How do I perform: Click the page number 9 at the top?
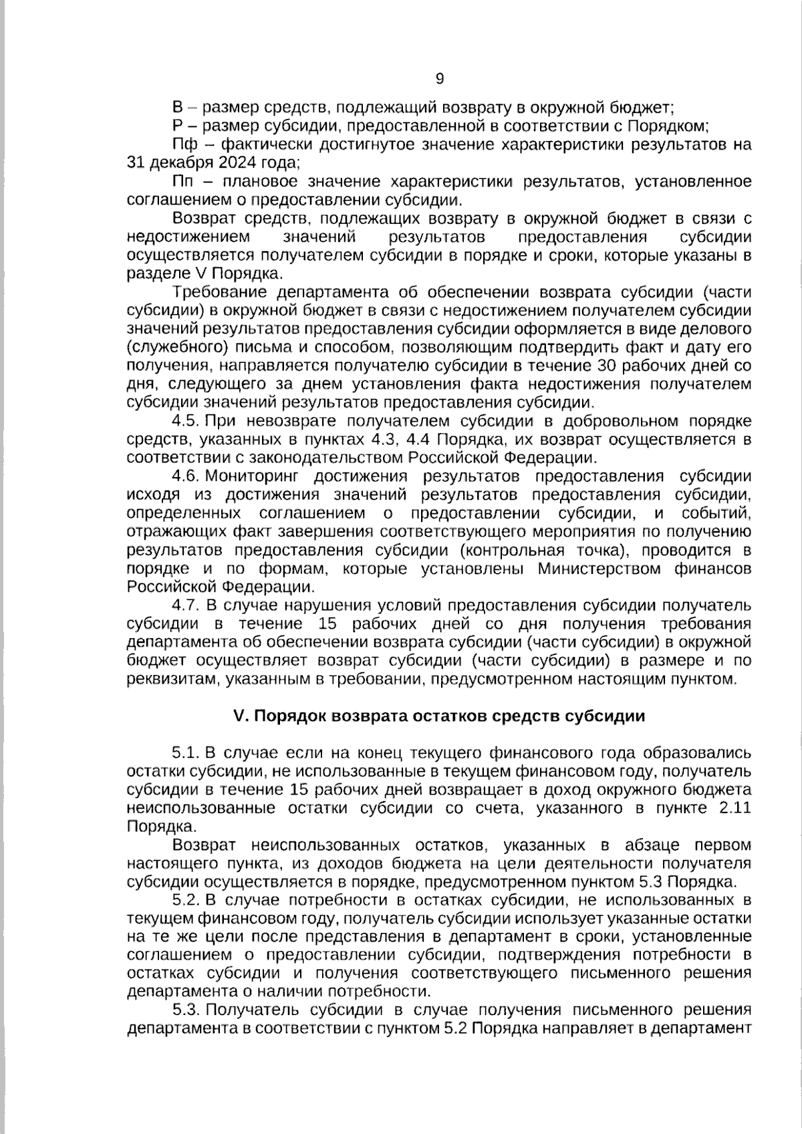tap(439, 79)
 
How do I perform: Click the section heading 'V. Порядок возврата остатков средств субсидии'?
tap(439, 716)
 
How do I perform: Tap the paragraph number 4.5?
tap(186, 421)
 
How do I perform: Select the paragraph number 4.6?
tap(186, 476)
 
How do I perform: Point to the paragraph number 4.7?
tap(186, 605)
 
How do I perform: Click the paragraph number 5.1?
tap(186, 752)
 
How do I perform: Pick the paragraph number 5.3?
tap(186, 1009)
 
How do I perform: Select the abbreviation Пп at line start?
tap(181, 181)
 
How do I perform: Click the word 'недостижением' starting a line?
tap(188, 237)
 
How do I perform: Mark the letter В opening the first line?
tap(178, 107)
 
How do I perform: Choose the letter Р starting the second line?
tap(177, 126)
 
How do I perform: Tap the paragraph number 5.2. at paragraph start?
tap(186, 899)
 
